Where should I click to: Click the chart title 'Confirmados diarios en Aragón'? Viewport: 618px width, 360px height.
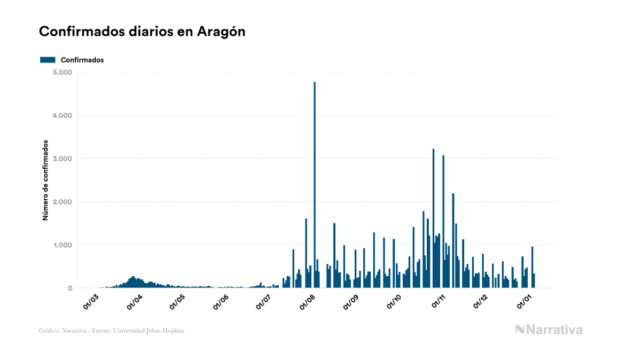142,32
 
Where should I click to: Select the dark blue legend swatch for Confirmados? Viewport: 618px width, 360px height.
48,60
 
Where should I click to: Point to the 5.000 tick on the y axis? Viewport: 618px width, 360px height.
62,72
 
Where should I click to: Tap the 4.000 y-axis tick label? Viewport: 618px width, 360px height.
62,115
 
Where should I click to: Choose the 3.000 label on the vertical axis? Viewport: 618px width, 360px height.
62,159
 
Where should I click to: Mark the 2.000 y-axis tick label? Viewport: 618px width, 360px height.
62,202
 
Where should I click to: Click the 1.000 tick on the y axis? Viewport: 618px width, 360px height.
62,245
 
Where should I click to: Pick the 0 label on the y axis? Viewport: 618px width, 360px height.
70,288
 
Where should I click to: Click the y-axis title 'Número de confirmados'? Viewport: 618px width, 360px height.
46,181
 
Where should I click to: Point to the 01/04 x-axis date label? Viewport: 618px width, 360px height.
135,301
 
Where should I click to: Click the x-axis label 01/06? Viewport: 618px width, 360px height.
222,301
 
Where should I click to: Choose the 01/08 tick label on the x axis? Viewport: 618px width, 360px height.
309,301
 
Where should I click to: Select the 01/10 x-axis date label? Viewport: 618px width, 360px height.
396,301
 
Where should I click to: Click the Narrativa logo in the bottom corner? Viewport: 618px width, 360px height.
549,330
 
